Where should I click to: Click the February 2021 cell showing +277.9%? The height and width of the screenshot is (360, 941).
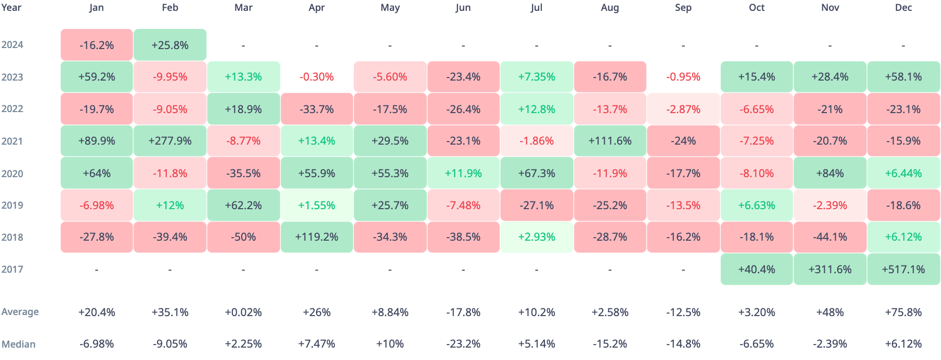click(x=170, y=141)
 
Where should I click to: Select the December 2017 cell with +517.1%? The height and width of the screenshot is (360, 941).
click(x=903, y=269)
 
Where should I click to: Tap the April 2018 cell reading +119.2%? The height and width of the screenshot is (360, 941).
click(x=317, y=237)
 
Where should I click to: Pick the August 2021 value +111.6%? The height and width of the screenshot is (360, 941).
click(x=610, y=141)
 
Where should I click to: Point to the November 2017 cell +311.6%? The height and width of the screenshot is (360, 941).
click(x=830, y=269)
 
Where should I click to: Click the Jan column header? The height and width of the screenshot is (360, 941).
click(x=97, y=8)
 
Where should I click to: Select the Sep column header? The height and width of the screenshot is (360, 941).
click(x=683, y=8)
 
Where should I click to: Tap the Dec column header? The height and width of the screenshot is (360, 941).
click(x=903, y=8)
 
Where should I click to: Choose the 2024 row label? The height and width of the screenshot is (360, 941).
click(x=12, y=45)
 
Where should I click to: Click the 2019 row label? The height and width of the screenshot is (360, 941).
click(x=12, y=205)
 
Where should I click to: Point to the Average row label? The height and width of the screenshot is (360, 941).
click(x=20, y=312)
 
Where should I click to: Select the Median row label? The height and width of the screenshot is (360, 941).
click(x=19, y=344)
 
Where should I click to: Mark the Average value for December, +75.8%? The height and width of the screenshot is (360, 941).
click(x=903, y=312)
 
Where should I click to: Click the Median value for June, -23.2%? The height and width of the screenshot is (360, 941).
click(x=463, y=344)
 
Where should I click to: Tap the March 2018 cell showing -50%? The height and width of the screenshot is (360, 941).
click(x=243, y=237)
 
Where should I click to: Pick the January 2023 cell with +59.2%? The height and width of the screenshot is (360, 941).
click(x=97, y=77)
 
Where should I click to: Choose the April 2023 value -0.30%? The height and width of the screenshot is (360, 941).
click(x=317, y=77)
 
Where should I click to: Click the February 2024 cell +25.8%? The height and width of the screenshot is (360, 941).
click(x=170, y=45)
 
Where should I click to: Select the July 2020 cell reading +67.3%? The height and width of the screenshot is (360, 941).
click(x=537, y=173)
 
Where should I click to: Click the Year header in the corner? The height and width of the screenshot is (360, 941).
click(x=11, y=8)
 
